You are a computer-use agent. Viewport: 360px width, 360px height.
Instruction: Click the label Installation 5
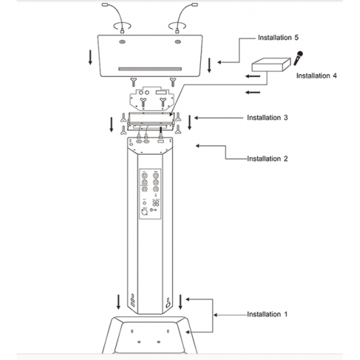coord(278,37)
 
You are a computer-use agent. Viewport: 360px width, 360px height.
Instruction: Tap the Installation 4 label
coord(316,76)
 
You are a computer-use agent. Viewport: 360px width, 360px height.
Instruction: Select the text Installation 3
coord(267,117)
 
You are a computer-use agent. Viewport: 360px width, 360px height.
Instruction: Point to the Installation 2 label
coord(267,158)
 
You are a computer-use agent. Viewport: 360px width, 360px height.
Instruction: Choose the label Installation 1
coord(267,314)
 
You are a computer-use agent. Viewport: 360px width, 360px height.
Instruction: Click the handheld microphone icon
coord(298,58)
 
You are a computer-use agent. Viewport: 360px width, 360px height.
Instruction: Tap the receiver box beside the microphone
coord(271,64)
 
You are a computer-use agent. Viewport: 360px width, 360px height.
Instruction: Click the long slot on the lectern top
coord(150,69)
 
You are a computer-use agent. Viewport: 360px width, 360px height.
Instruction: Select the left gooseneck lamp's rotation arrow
coord(122,25)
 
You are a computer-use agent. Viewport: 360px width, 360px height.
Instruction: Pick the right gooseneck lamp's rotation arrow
coord(178,25)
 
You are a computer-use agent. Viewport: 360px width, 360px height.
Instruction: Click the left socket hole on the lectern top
coord(122,42)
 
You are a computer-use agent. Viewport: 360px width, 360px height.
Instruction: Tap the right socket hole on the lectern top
coord(178,42)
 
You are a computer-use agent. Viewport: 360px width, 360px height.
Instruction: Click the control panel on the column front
coord(150,194)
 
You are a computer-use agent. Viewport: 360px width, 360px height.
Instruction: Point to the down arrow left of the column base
coord(118,302)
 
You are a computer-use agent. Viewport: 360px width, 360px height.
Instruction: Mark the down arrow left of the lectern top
coord(90,57)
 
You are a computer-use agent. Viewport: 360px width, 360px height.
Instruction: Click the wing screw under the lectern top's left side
coord(133,82)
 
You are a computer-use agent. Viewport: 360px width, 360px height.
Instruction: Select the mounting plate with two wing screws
coord(151,99)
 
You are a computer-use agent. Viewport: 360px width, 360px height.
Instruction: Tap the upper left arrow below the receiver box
coord(253,76)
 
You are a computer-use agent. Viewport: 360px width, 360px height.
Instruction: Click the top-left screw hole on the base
coord(132,331)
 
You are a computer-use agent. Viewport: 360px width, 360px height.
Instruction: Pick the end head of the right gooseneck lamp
coord(195,4)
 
